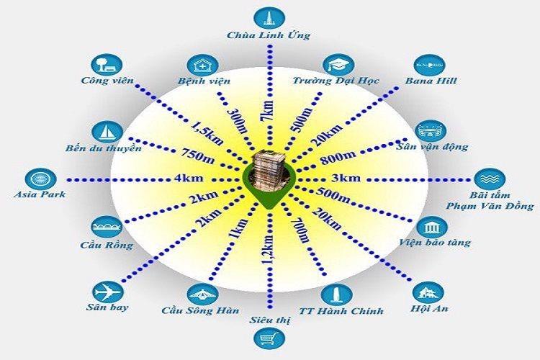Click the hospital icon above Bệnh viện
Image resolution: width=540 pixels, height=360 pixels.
pos(204,64)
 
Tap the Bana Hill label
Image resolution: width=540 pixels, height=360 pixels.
pos(431,80)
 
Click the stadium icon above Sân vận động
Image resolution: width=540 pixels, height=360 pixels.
pos(431,130)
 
